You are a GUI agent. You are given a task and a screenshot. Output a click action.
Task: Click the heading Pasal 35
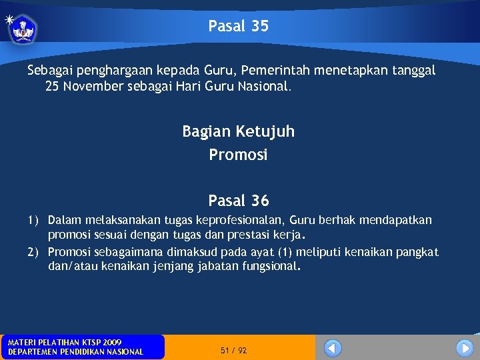(238, 26)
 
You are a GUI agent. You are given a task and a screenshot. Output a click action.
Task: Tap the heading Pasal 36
(238, 200)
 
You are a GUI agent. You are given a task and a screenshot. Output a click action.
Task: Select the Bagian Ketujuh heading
(238, 131)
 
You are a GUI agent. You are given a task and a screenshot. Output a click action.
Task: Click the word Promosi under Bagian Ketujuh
(238, 155)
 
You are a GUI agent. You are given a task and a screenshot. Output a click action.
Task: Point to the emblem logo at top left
(23, 29)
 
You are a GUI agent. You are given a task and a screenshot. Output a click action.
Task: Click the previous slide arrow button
(333, 348)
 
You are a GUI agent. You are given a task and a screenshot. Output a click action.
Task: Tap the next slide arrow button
(465, 348)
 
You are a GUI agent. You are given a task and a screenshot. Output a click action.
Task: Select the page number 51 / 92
(233, 350)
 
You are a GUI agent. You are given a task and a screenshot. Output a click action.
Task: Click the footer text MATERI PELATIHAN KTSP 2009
(65, 342)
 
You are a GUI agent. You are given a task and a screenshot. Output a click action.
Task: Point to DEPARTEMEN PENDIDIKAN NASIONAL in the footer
(75, 351)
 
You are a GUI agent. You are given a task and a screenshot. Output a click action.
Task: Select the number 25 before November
(53, 86)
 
